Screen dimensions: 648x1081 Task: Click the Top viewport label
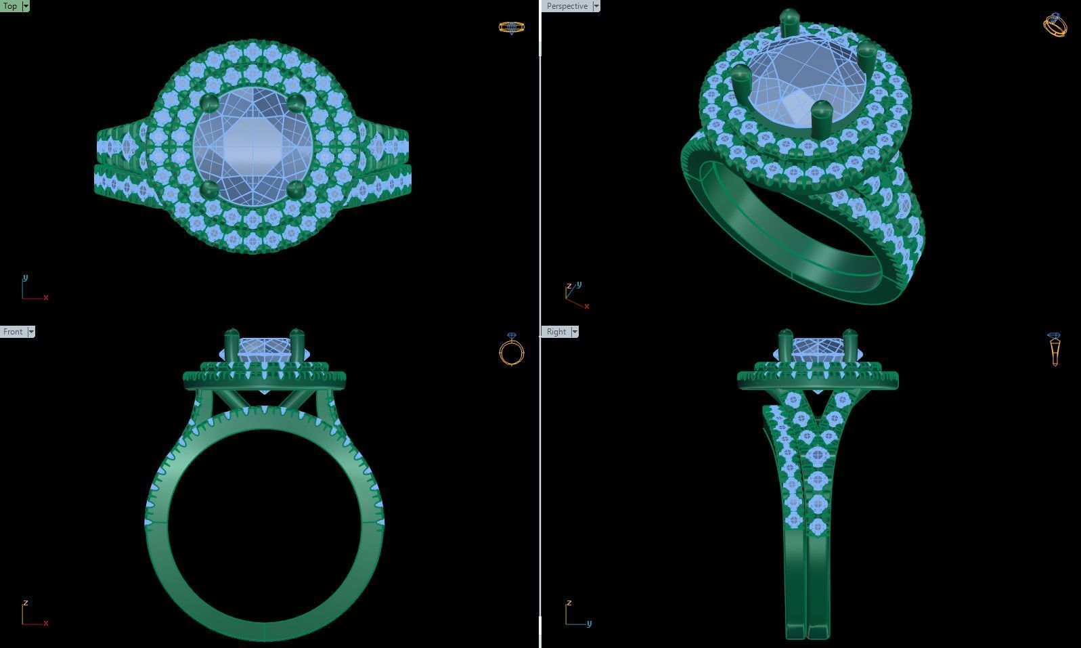pos(10,6)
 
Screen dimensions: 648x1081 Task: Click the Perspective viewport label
pos(567,6)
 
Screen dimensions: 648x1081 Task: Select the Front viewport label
pos(13,332)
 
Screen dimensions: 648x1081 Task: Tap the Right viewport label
pos(556,332)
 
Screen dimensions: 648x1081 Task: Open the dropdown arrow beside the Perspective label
pos(596,6)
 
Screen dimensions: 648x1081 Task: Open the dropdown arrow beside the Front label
pos(31,332)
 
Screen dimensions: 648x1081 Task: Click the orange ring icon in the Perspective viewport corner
pos(1055,25)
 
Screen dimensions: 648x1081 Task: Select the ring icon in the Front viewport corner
pos(512,349)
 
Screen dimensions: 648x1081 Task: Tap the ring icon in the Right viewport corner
pos(1054,349)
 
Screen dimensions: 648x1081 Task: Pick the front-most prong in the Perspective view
pos(821,118)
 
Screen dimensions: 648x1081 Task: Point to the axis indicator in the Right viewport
pos(576,614)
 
